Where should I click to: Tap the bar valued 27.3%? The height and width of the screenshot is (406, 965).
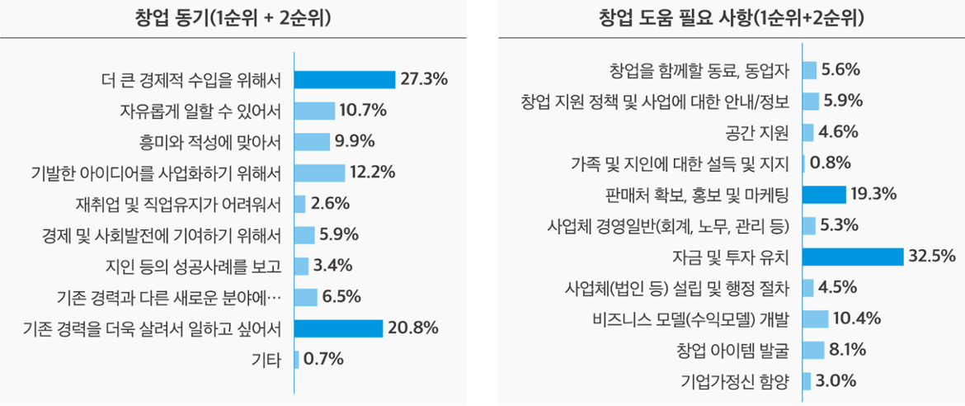[x=345, y=79]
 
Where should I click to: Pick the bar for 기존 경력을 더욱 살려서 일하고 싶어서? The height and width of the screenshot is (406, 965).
[x=338, y=328]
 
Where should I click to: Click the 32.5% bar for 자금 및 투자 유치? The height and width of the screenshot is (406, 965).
[x=853, y=257]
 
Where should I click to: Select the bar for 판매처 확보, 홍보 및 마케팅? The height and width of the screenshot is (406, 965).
[x=824, y=195]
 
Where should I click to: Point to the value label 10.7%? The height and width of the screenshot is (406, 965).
[x=363, y=111]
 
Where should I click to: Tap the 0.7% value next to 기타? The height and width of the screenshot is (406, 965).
[x=323, y=360]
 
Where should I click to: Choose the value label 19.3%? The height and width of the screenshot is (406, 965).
[x=873, y=195]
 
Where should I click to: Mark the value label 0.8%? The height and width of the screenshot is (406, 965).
[x=831, y=163]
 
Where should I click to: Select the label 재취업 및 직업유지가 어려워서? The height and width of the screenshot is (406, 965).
[x=178, y=204]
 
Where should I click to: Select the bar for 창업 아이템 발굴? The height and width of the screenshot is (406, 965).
[x=813, y=350]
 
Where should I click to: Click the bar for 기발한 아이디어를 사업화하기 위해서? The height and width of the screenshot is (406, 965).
[x=319, y=172]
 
